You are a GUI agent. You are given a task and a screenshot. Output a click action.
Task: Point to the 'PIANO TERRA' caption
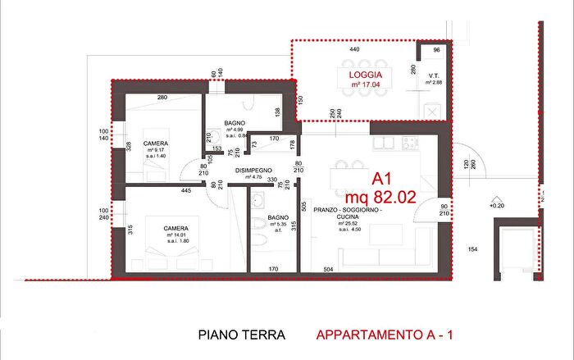point(242,335)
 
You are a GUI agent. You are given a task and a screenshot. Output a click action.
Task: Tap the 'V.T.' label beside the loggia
point(433,75)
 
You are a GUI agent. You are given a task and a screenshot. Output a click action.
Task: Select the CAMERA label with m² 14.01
point(176,228)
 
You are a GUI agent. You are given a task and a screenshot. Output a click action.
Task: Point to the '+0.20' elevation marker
point(497,206)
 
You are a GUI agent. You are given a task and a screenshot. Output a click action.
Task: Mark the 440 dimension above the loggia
point(354,51)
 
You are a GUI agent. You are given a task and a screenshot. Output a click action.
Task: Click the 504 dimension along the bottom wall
point(329,268)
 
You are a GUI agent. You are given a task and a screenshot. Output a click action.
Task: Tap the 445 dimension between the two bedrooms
point(187,191)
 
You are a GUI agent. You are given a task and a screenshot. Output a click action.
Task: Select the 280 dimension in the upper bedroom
point(162,98)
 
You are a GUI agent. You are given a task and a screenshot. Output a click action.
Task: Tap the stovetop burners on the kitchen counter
point(408,144)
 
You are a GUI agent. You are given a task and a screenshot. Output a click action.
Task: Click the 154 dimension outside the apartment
point(472,248)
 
